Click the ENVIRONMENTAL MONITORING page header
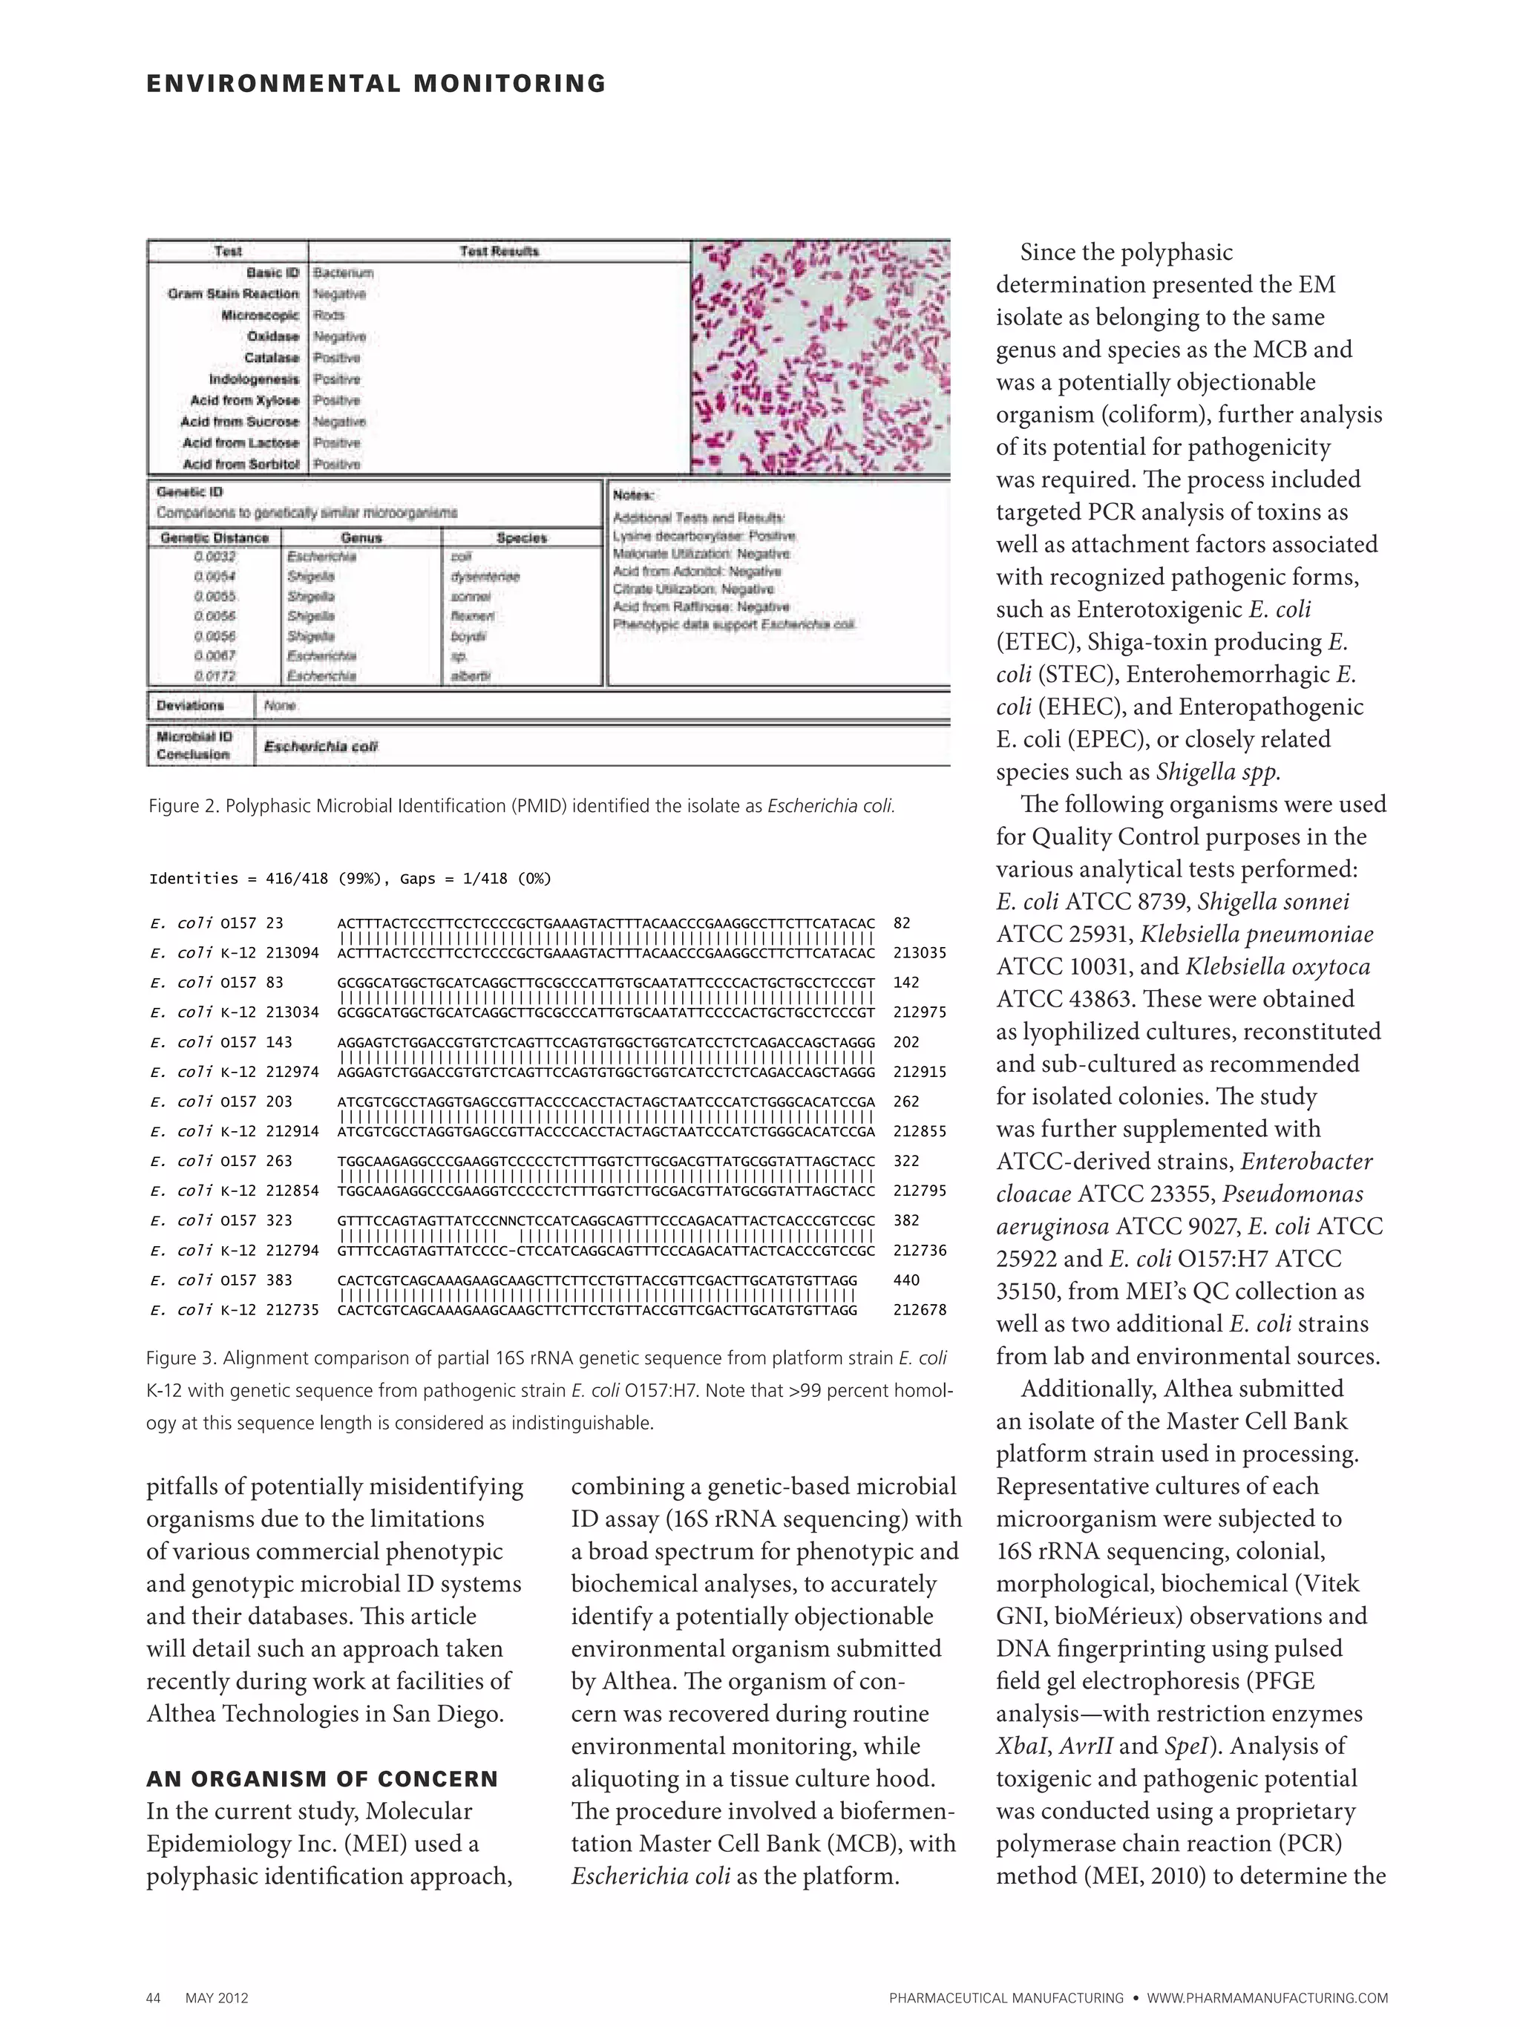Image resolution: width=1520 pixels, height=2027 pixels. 376,85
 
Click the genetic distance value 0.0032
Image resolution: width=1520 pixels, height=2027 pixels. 214,556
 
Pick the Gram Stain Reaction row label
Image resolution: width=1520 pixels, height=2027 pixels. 233,294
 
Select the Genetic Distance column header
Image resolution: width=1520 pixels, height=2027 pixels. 214,538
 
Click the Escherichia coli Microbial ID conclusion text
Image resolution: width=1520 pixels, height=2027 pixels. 320,747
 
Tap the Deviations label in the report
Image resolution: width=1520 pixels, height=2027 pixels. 190,706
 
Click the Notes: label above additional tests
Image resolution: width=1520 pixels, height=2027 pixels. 632,495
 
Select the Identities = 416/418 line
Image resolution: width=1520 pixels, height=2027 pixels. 350,879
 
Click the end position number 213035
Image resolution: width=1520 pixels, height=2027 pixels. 919,953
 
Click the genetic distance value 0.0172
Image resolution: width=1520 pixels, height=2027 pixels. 214,676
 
